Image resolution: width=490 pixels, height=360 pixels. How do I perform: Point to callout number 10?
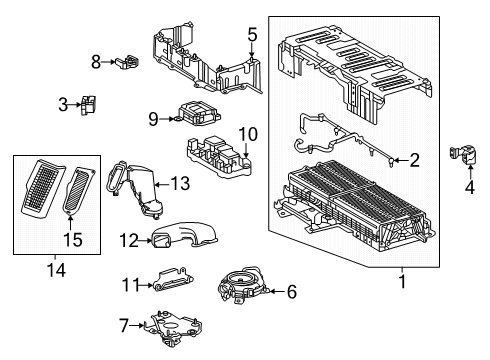coord(248,133)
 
